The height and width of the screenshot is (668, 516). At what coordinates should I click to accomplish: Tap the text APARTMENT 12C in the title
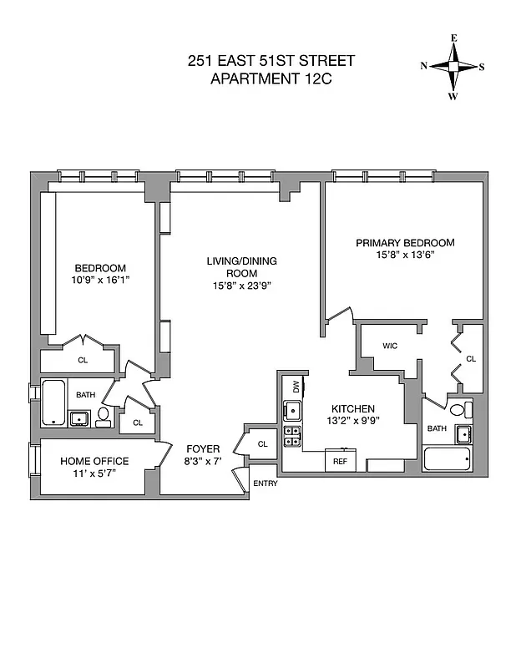(x=271, y=79)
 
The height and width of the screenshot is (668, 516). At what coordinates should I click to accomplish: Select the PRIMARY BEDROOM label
(x=405, y=243)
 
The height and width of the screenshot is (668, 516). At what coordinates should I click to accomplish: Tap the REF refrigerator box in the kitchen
(x=340, y=460)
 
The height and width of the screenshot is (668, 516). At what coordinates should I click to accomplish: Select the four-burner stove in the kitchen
(x=292, y=437)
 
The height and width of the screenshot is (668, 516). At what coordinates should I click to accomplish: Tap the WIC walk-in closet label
(x=389, y=345)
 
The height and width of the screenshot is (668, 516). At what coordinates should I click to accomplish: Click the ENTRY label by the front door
(x=266, y=483)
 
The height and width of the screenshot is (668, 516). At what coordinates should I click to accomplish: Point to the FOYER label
(x=202, y=448)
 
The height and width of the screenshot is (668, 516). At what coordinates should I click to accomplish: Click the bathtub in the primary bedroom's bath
(x=447, y=460)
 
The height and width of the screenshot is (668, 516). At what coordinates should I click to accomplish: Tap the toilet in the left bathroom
(x=104, y=416)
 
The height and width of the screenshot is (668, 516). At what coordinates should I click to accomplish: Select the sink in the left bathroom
(x=79, y=418)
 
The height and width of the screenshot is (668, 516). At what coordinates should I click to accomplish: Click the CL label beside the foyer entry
(x=262, y=444)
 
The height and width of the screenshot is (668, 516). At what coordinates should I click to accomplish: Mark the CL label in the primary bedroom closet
(x=470, y=359)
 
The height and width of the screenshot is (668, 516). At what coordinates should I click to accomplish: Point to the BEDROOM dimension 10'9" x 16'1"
(x=100, y=281)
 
